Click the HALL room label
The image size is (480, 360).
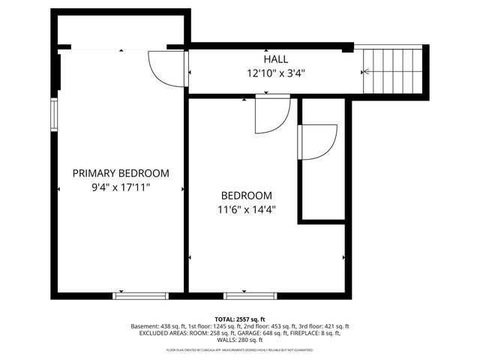pyautogui.click(x=275, y=59)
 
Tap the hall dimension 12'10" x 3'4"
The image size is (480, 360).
pyautogui.click(x=275, y=73)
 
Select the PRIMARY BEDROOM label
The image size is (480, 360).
pyautogui.click(x=121, y=173)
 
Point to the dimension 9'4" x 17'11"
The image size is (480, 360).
pyautogui.click(x=121, y=187)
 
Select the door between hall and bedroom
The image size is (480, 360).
pyautogui.click(x=270, y=112)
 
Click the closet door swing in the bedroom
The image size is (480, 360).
pyautogui.click(x=314, y=142)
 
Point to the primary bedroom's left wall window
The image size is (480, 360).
pyautogui.click(x=54, y=112)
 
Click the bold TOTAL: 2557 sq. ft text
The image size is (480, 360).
pyautogui.click(x=240, y=319)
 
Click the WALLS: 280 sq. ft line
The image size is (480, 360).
pyautogui.click(x=240, y=341)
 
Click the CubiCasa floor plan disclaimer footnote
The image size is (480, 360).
pyautogui.click(x=240, y=350)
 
